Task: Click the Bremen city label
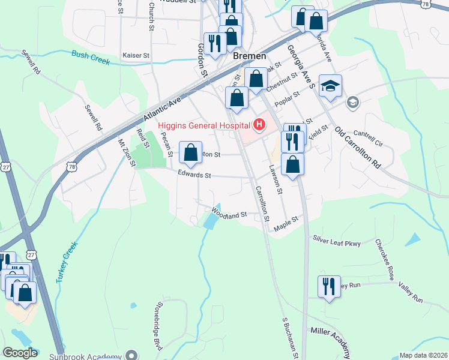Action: point(249,56)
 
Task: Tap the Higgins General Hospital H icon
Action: point(259,125)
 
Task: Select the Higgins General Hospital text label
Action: point(204,125)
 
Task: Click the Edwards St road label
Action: point(194,175)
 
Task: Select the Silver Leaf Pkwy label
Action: point(336,241)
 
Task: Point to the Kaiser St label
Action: point(136,55)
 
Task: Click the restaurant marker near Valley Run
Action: point(329,287)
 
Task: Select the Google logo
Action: point(20,353)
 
